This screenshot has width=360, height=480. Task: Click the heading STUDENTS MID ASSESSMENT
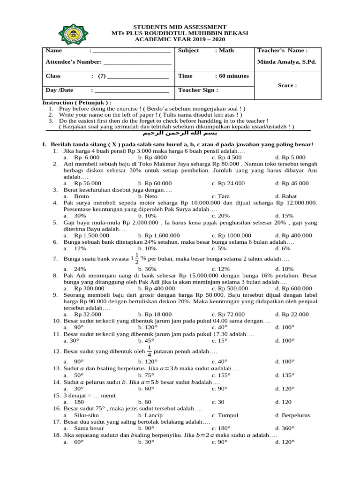[x=180, y=27]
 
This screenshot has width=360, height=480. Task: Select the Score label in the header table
[x=287, y=85]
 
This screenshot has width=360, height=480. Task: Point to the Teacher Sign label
[x=198, y=90]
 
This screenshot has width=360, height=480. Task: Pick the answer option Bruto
[x=82, y=196]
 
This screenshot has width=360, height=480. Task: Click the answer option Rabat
[x=287, y=196]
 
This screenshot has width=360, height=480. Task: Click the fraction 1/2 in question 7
[x=137, y=258]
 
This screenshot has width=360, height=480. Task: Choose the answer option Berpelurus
[x=292, y=415]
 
